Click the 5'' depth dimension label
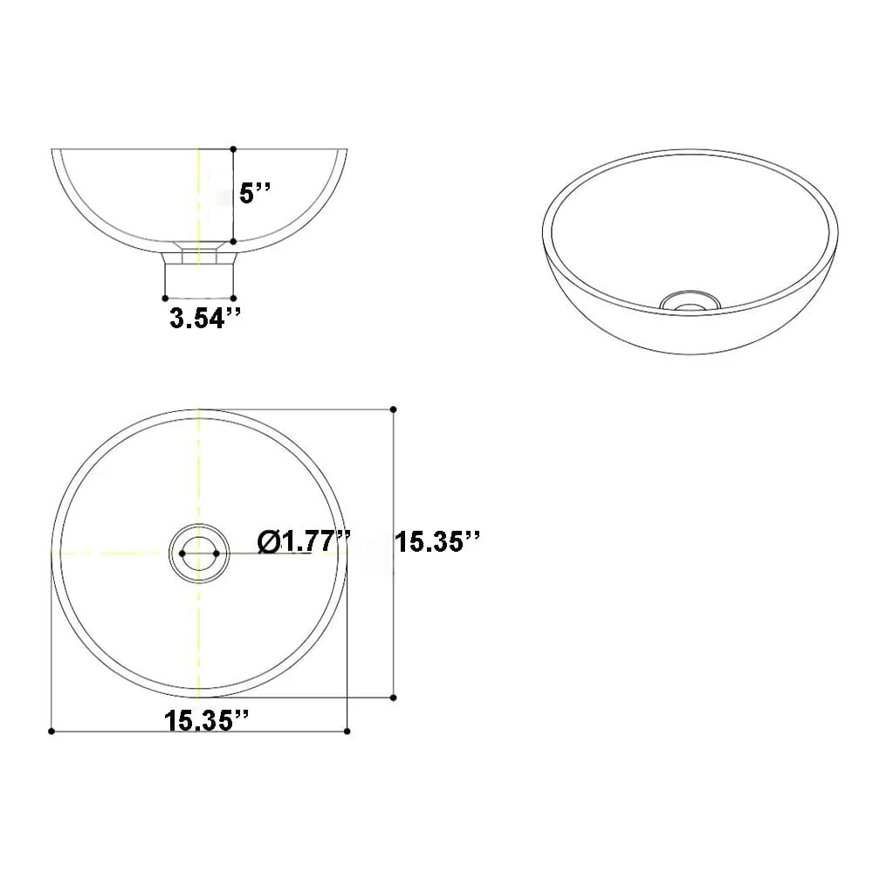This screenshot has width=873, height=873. click(x=254, y=193)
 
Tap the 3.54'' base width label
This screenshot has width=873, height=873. click(x=205, y=319)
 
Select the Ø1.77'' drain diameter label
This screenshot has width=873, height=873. click(x=304, y=542)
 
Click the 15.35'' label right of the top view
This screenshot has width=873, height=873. click(x=437, y=542)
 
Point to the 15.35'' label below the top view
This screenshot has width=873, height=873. click(x=205, y=721)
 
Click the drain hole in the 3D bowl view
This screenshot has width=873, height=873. click(x=691, y=301)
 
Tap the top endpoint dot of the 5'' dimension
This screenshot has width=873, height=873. click(x=233, y=149)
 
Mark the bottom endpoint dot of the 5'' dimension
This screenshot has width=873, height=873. click(x=233, y=242)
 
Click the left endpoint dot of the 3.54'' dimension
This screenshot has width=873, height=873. click(x=165, y=299)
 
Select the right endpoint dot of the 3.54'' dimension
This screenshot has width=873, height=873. click(x=233, y=299)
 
